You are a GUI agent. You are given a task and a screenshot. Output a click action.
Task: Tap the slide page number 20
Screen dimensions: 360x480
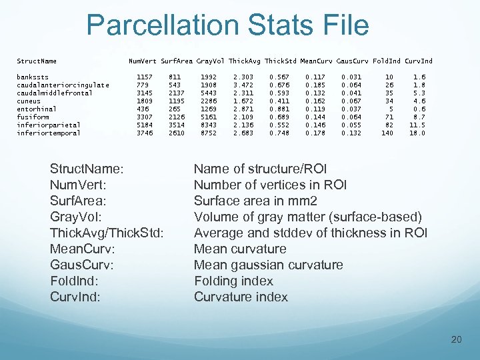(456, 340)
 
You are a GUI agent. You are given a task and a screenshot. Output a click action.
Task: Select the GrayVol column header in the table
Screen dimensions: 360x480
(210, 61)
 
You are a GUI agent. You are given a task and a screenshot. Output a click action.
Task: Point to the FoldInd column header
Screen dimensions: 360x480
(387, 61)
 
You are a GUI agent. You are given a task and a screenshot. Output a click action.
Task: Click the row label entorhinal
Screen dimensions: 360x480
(37, 109)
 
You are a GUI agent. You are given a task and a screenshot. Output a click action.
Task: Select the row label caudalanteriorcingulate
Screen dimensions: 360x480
(63, 85)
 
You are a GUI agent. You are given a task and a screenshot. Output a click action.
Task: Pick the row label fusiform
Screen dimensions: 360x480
(33, 117)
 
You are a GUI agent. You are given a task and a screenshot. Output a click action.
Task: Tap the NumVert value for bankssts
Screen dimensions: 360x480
(144, 77)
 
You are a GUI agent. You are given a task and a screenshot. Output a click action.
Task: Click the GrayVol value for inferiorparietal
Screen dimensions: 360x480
(209, 125)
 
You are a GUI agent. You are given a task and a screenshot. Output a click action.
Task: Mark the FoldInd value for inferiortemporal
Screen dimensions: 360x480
(387, 133)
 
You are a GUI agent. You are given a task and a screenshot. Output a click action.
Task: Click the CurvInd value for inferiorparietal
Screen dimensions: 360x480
(418, 125)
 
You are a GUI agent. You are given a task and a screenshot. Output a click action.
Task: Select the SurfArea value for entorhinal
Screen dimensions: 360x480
(175, 109)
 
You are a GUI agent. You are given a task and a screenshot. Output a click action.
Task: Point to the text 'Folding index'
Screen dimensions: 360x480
(233, 281)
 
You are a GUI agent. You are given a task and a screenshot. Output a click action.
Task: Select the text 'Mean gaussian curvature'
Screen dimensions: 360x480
(269, 265)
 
